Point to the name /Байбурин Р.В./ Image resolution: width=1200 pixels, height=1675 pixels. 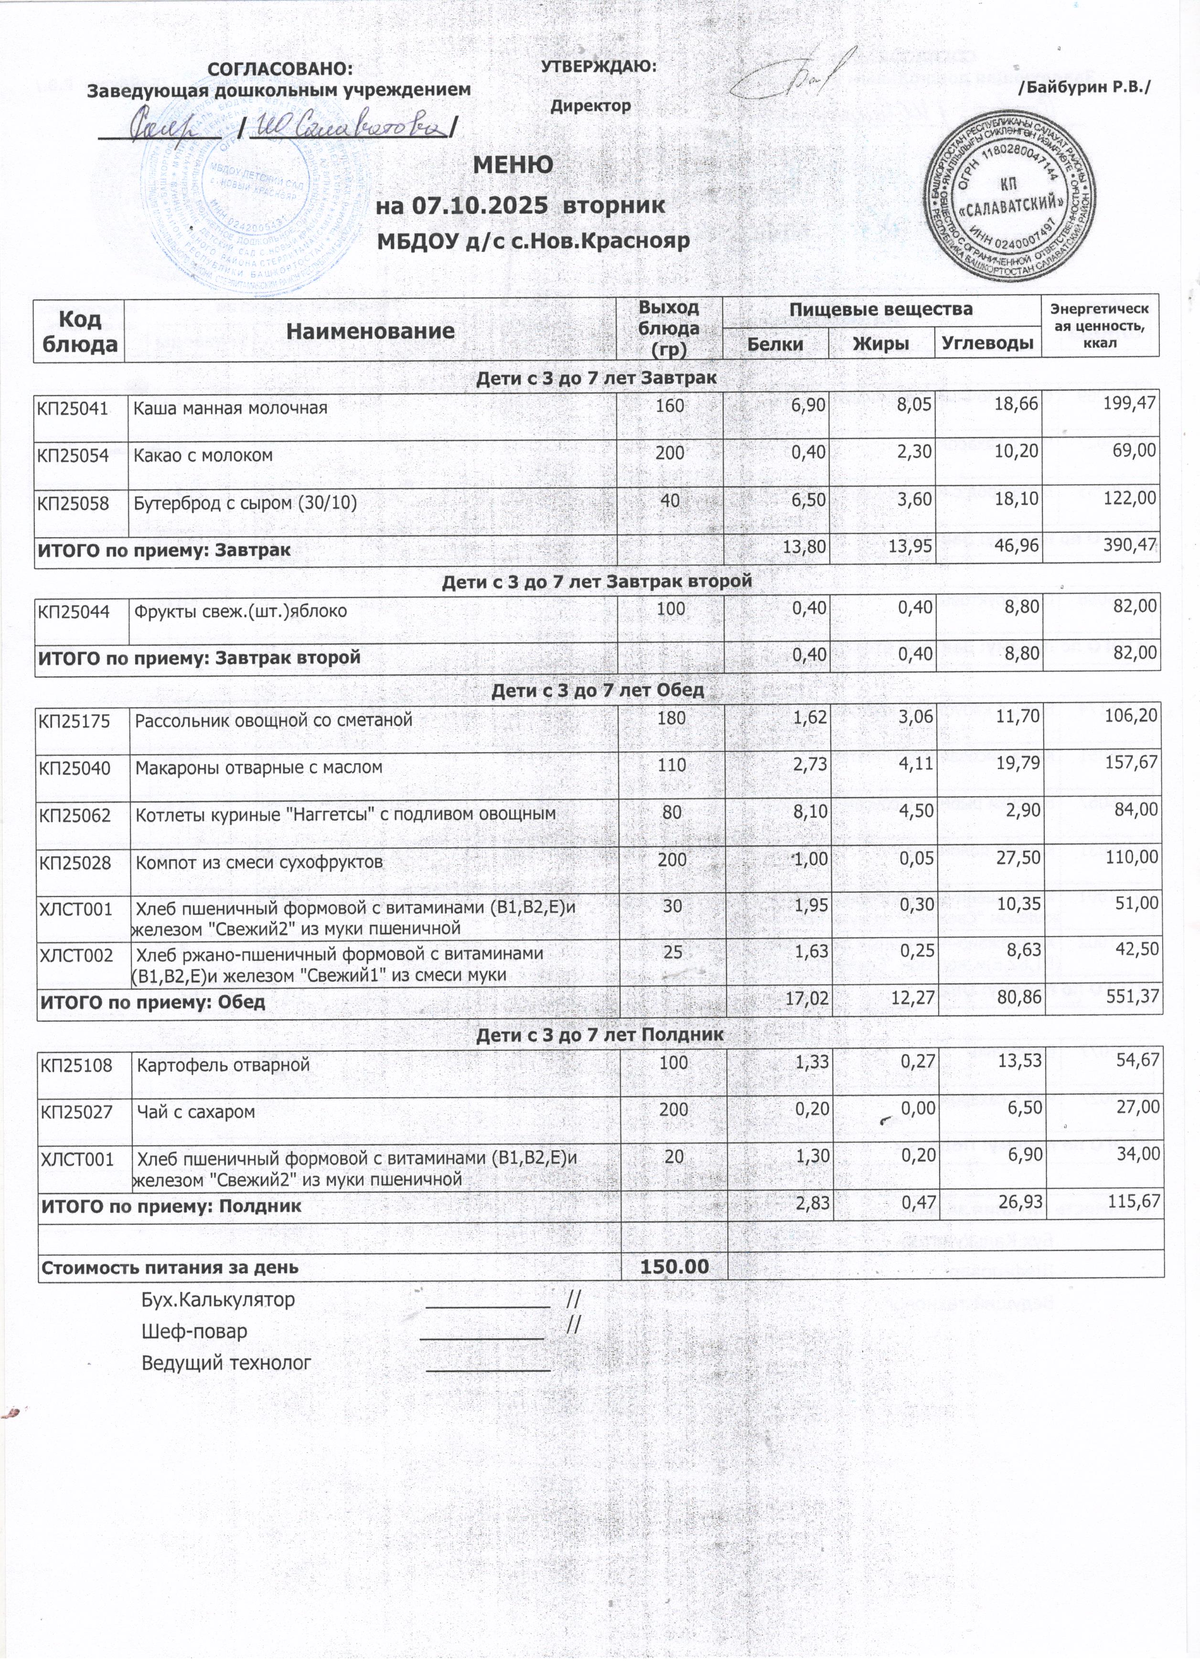[1084, 87]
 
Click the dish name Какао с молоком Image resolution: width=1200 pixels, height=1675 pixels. [203, 455]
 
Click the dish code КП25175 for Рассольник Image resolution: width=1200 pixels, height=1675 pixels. [75, 720]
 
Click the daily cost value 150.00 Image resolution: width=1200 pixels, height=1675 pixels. [674, 1267]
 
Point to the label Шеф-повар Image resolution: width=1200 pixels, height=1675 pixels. [194, 1331]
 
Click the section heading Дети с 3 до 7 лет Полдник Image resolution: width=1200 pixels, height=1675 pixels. [599, 1035]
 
